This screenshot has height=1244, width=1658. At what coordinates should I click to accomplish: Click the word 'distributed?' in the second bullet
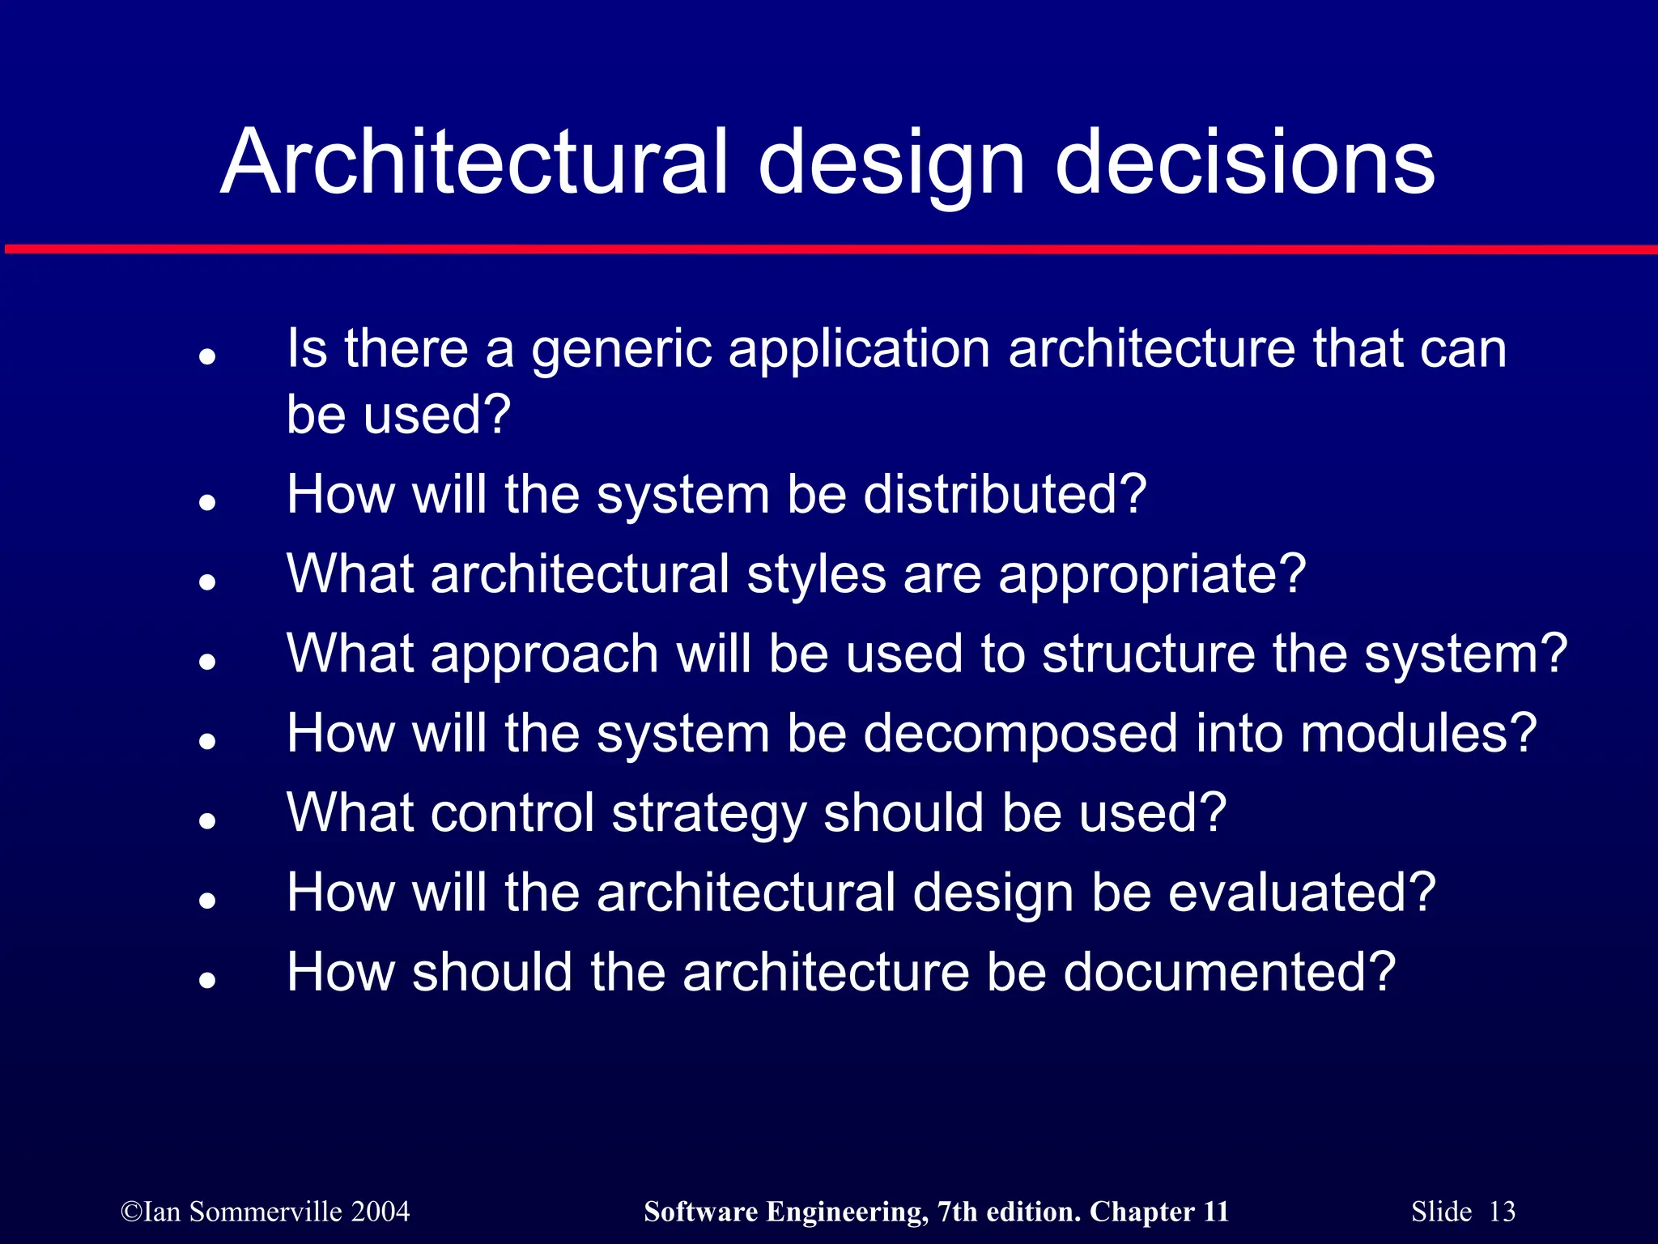pos(1005,494)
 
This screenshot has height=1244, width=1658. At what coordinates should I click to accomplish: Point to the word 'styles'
pos(816,574)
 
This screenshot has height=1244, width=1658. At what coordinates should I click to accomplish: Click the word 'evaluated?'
pos(1302,893)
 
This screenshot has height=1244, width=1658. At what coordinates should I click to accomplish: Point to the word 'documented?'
pos(1229,972)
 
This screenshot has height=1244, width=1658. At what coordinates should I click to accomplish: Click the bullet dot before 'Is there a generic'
pos(208,356)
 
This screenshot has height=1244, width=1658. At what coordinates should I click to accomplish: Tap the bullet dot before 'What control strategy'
pos(208,820)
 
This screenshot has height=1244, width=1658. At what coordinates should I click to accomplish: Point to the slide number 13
pos(1502,1212)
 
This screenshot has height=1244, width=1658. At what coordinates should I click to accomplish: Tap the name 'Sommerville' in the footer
pos(266,1212)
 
